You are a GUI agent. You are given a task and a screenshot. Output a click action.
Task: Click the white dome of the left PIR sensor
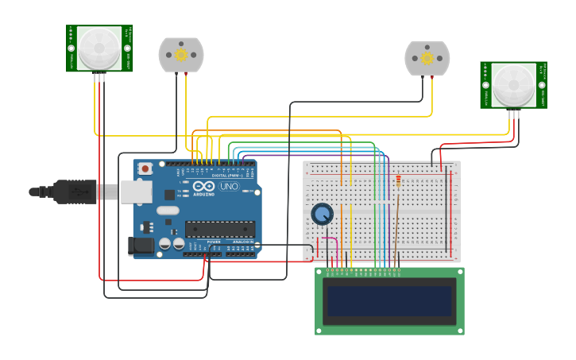99,48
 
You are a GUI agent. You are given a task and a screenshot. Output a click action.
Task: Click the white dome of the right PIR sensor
513,85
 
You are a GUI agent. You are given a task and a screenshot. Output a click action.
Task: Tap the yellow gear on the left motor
180,55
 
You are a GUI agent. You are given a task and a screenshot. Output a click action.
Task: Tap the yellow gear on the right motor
427,58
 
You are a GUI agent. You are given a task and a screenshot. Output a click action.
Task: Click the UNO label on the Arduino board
229,186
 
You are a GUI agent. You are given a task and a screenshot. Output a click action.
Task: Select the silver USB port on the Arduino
136,191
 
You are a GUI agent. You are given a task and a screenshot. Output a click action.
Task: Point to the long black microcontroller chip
219,230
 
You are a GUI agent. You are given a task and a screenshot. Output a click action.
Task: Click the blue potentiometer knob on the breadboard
322,214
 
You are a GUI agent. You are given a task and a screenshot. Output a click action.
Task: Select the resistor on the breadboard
397,184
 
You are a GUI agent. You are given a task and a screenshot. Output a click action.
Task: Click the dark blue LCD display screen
389,301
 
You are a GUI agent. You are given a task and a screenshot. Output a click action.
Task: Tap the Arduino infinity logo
203,186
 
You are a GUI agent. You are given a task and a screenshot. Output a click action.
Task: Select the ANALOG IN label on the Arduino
242,242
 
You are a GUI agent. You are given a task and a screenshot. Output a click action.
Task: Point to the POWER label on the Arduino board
214,242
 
